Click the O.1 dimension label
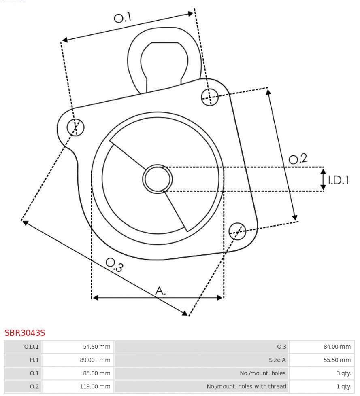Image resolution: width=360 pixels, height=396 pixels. tap(123, 18)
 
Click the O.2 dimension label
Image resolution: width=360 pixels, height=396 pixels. tap(298, 159)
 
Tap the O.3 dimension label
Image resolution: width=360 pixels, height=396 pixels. tap(114, 265)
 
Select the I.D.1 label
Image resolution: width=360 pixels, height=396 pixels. tap(339, 180)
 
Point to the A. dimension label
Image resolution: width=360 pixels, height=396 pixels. tap(161, 290)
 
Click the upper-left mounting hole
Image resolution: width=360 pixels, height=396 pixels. tap(76, 127)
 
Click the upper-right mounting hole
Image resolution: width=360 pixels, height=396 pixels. tap(210, 97)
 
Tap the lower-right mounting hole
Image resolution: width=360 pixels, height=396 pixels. tap(237, 231)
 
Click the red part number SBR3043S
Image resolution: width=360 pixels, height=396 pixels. tap(25, 333)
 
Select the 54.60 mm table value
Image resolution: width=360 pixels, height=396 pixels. tap(96, 347)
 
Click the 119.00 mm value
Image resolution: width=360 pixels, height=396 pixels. tap(95, 386)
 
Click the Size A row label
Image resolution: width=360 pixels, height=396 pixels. tap(277, 360)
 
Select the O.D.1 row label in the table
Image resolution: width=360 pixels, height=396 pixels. tap(32, 347)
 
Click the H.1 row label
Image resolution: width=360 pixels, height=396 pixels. tap(34, 360)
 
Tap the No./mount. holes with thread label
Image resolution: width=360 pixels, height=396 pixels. tap(246, 386)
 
